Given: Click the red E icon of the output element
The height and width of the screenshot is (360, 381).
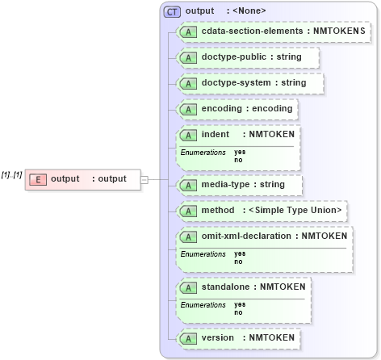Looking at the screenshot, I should click(x=37, y=179).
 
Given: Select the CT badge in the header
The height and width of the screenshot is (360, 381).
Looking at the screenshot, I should click(x=172, y=11).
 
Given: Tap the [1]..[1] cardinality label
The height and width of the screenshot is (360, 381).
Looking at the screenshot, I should click(x=11, y=174).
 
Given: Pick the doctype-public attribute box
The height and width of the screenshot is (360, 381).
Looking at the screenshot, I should click(x=249, y=58).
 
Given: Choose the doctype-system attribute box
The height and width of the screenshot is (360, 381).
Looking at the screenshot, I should click(x=251, y=83).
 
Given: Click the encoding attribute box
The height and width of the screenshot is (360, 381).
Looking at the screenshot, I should click(x=237, y=109).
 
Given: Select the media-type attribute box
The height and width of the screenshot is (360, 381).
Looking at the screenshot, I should click(x=241, y=185).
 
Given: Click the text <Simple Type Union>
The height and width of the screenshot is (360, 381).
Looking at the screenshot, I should click(x=295, y=211).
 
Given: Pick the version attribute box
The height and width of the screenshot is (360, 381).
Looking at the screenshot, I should click(x=239, y=337).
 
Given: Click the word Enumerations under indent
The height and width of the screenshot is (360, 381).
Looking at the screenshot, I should click(x=203, y=152).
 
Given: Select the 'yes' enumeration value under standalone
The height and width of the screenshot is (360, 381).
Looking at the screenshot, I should click(x=240, y=304).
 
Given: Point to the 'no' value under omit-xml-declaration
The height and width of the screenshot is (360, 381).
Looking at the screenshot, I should click(x=238, y=262).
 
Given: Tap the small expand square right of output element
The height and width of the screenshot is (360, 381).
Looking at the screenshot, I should click(x=144, y=179).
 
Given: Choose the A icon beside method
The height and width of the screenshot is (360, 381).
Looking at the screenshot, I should click(x=188, y=211).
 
